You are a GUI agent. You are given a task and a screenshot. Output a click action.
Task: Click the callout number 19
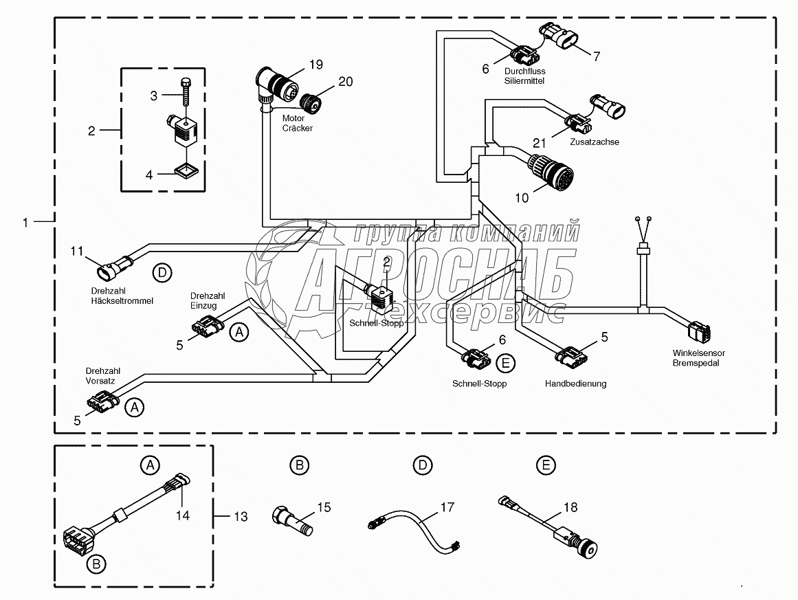(316, 65)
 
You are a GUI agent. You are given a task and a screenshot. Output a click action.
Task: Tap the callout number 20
(346, 82)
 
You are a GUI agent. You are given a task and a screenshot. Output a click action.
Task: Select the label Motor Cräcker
(298, 123)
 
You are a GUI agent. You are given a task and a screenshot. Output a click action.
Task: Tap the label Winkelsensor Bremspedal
(698, 358)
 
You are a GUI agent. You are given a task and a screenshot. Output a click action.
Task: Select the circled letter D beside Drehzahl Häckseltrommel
(162, 273)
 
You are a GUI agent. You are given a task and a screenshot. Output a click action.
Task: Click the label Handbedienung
(575, 384)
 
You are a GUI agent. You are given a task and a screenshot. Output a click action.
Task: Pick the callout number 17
(447, 507)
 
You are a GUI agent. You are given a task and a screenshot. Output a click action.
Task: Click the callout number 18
(570, 507)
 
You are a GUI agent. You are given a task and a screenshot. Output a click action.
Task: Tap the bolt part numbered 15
(293, 520)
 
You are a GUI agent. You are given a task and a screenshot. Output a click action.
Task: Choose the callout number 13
(241, 517)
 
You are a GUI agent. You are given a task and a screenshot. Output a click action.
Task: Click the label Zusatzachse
(595, 142)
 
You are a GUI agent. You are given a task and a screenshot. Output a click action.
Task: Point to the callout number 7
(597, 56)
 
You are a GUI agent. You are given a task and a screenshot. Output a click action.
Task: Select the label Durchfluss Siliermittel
(524, 76)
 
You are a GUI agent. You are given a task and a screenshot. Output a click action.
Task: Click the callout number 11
(77, 251)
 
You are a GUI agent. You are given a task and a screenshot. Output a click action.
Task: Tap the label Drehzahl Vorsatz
(103, 376)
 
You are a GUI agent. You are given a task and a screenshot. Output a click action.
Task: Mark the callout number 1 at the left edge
(25, 223)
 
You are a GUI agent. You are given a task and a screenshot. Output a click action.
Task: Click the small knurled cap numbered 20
(310, 103)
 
